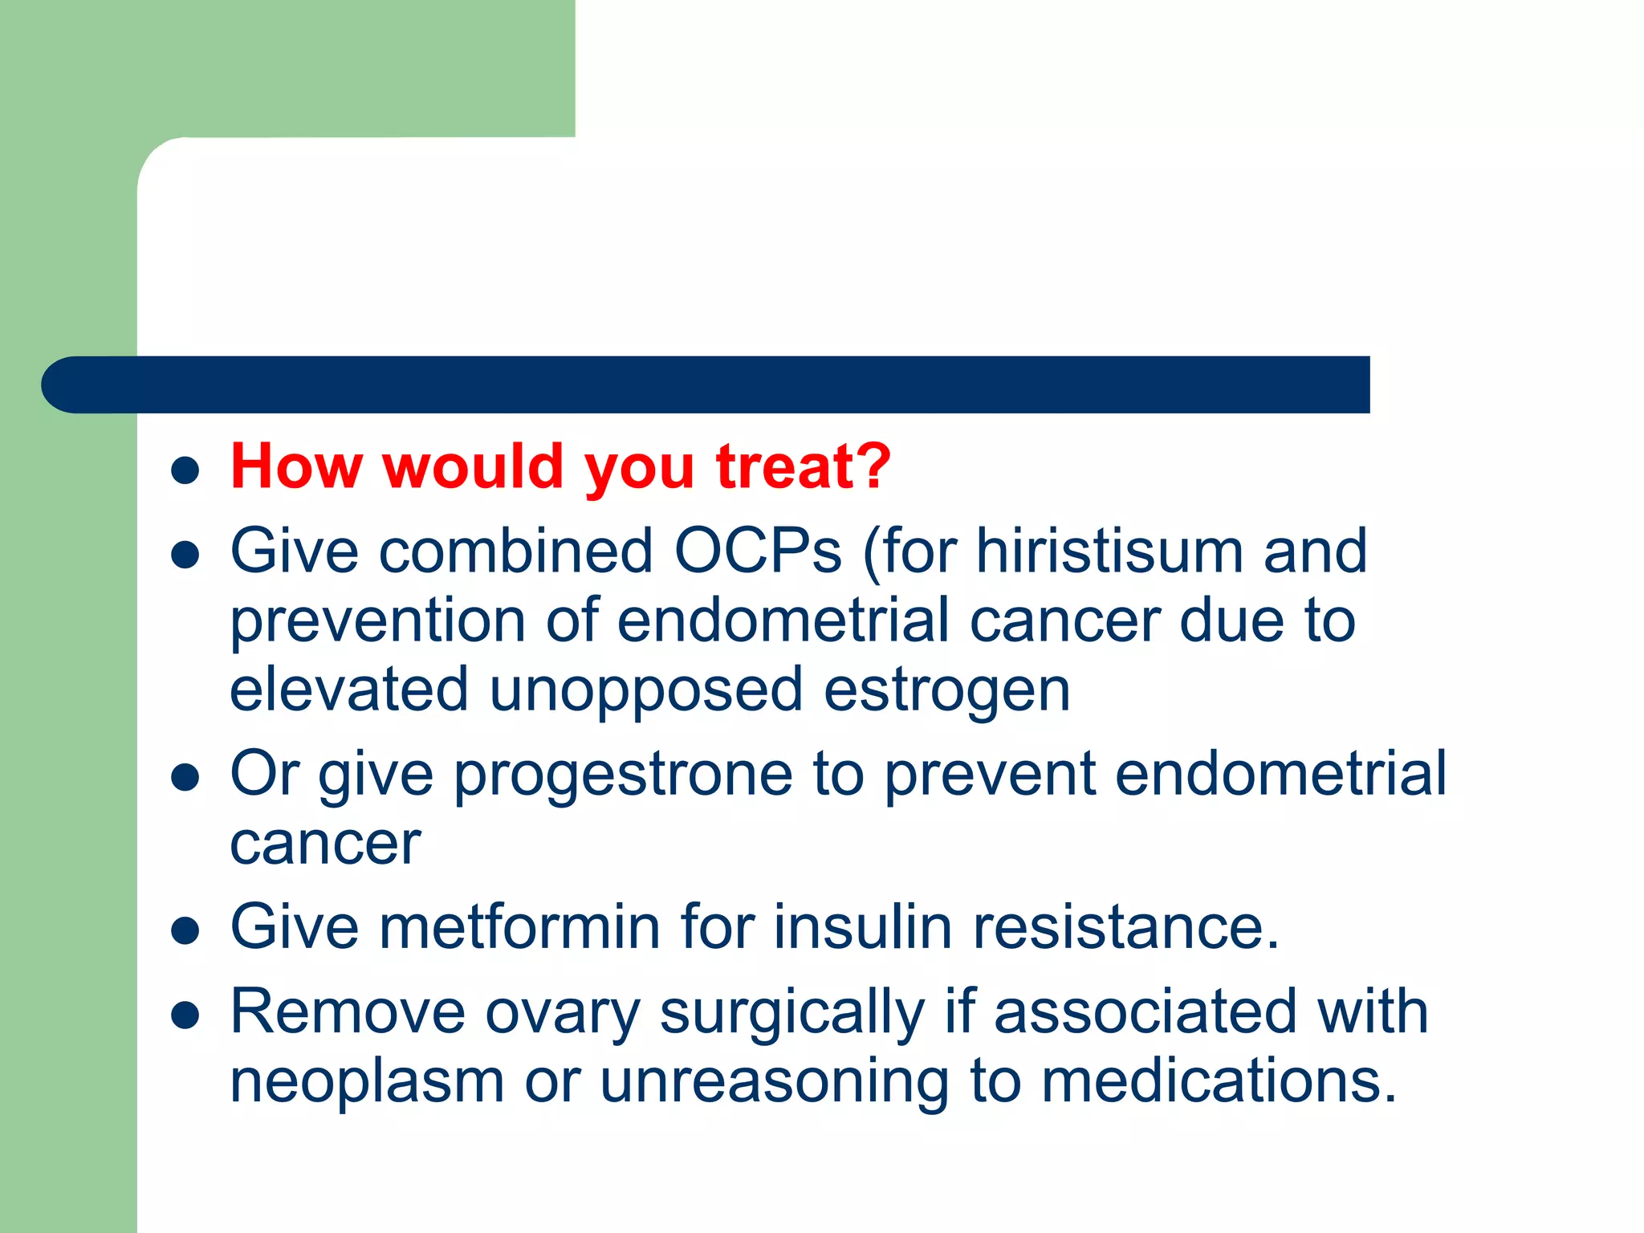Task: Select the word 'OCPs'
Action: [758, 551]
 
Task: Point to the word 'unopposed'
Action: [645, 691]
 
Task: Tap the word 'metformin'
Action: [519, 927]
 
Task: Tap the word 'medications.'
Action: [1219, 1081]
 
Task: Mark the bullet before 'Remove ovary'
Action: [185, 1015]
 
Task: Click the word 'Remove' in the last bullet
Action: [348, 1011]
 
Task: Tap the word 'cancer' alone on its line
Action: [325, 845]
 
